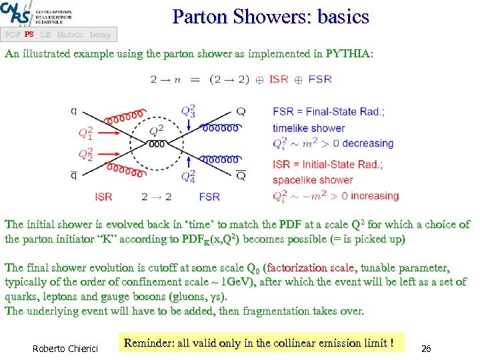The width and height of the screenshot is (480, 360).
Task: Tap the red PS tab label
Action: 29,34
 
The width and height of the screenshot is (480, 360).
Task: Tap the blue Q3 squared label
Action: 189,111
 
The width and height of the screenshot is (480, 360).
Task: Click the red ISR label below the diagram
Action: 103,197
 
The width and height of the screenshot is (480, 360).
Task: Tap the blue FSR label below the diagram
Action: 209,197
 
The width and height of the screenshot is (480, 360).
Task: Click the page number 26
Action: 427,348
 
